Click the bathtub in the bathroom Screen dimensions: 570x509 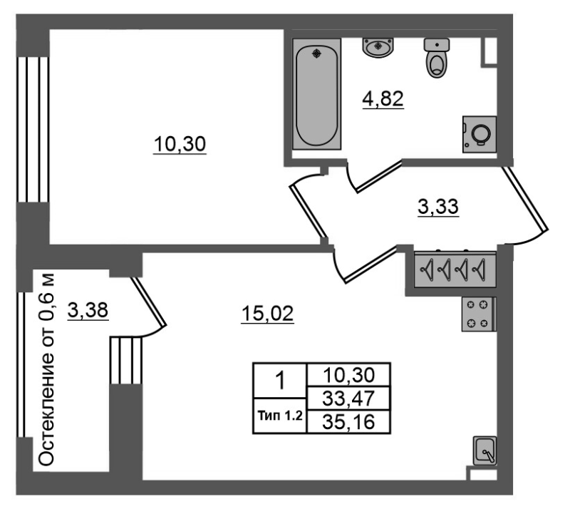pos(316,94)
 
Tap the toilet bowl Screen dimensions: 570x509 pos(437,58)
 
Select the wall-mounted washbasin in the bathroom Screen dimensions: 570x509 pos(378,47)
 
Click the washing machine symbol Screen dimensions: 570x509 pos(480,134)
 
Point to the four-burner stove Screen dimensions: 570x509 pos(479,314)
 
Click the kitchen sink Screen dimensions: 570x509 pos(484,451)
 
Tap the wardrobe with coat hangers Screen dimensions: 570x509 pos(455,269)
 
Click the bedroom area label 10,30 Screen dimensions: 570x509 pos(180,144)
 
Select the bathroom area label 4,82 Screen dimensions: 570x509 pos(383,99)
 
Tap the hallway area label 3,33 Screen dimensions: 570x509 pos(438,207)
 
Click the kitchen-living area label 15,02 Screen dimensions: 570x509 pos(268,314)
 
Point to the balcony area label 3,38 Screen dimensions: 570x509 pos(88,310)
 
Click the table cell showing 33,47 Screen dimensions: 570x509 pos(348,399)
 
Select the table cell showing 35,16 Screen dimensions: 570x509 pos(348,422)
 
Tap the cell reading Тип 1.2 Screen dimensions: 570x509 pos(280,416)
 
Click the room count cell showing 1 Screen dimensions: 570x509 pos(280,381)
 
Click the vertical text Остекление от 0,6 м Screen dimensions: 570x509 pos(46,369)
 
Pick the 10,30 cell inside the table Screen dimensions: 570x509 pos(348,375)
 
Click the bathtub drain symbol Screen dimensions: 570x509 pos(317,54)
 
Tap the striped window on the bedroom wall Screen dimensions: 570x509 pos(33,130)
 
